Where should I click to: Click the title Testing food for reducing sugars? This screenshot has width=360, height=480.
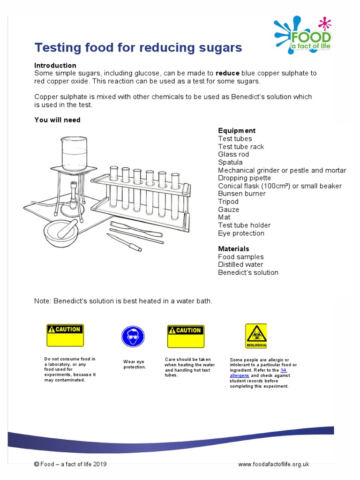(138, 47)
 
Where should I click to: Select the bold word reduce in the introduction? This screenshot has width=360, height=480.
(227, 73)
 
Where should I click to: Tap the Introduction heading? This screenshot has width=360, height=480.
(55, 65)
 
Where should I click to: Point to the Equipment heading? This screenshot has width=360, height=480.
(237, 130)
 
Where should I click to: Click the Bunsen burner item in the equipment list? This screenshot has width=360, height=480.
(241, 194)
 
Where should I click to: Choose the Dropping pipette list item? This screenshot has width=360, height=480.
(244, 178)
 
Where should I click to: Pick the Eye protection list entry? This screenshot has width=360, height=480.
(241, 233)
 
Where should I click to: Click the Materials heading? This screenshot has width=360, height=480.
(233, 248)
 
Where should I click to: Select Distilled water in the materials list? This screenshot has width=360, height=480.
(241, 264)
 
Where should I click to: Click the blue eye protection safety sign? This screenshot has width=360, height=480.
(133, 337)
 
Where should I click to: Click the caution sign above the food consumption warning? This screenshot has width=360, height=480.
(65, 335)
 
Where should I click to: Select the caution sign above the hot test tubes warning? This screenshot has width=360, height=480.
(186, 336)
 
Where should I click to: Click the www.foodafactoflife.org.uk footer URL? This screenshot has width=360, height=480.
(273, 464)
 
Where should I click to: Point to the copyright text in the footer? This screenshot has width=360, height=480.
(70, 464)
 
